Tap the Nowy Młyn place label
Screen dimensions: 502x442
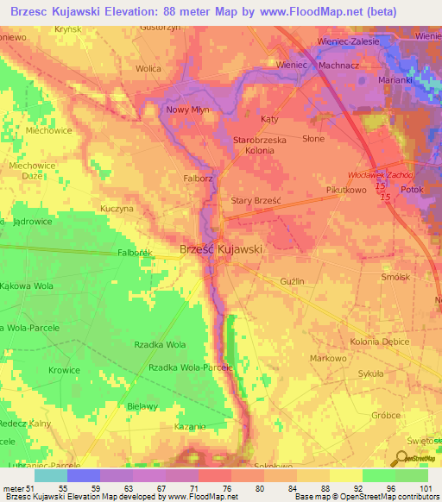click(188, 110)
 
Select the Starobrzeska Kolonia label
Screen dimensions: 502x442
click(254, 145)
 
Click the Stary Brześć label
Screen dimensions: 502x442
click(253, 201)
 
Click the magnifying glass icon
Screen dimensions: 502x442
click(403, 459)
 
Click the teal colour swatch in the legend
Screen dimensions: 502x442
click(50, 475)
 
